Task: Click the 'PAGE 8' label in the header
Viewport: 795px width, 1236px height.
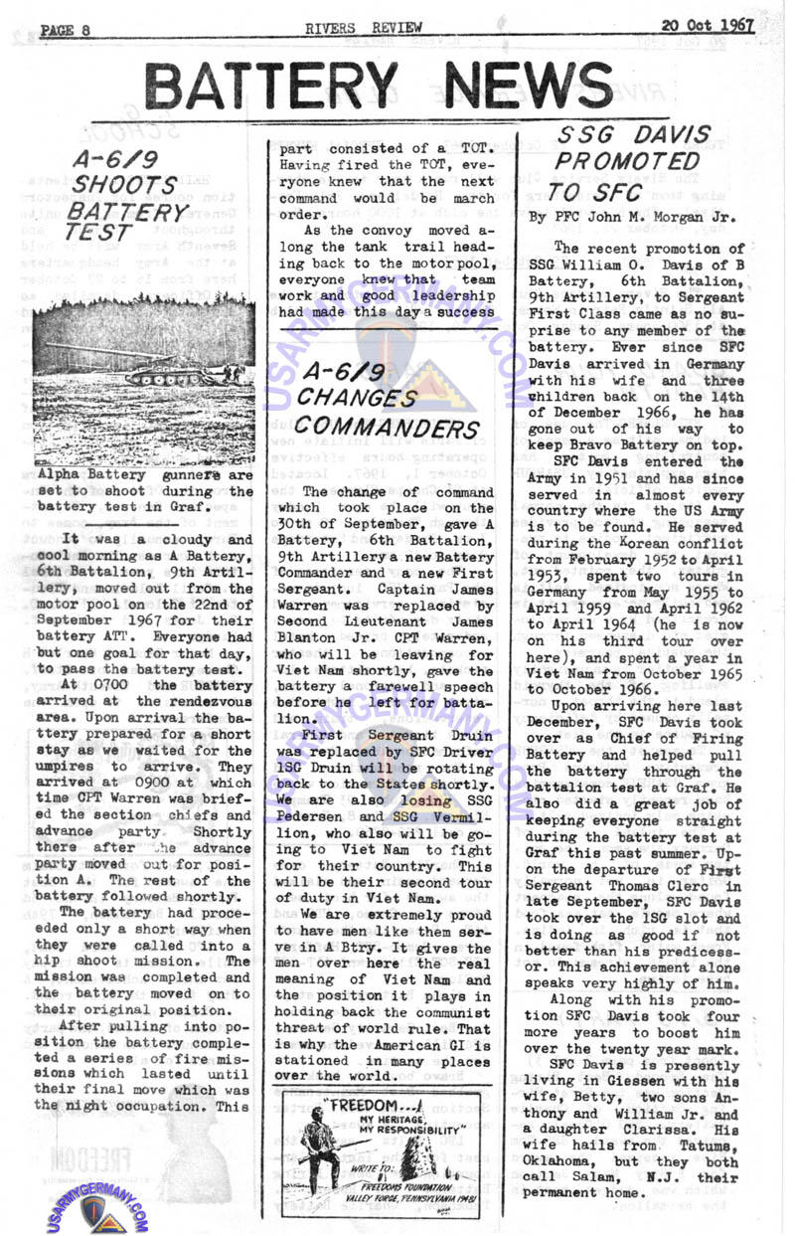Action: (66, 30)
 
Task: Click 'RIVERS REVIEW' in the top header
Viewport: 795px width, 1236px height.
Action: (377, 28)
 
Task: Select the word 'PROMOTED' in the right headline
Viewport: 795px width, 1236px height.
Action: (627, 159)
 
